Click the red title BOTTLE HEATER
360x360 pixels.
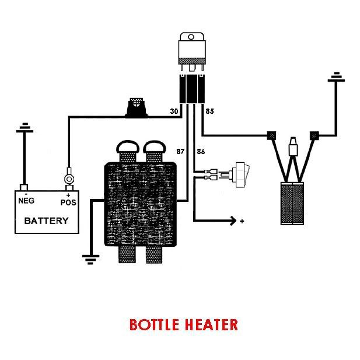(183, 324)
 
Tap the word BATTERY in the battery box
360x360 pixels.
(46, 221)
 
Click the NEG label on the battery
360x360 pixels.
(26, 201)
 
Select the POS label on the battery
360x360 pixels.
(68, 202)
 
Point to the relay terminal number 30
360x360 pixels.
(173, 110)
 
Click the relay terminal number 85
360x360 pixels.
(209, 110)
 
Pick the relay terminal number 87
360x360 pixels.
(180, 151)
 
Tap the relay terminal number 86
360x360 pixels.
(201, 151)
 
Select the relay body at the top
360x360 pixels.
(192, 51)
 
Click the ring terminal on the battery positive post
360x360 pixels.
(68, 173)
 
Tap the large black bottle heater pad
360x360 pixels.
(140, 204)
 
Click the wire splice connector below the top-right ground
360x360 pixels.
(316, 135)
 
